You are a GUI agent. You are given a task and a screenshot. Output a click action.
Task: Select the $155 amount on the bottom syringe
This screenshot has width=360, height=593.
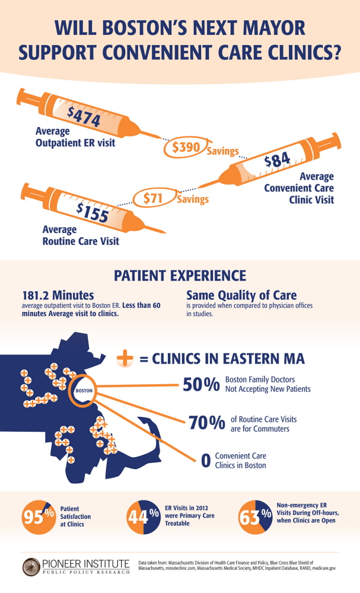[x=93, y=211]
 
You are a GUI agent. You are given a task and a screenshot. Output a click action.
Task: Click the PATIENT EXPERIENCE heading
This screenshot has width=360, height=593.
[x=180, y=276]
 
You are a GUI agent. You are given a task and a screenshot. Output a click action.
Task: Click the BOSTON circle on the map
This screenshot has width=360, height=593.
[x=82, y=391]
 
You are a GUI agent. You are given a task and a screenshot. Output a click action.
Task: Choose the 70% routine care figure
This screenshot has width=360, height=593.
[x=206, y=423]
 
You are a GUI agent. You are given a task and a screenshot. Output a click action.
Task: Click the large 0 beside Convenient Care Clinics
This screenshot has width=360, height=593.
[x=206, y=461]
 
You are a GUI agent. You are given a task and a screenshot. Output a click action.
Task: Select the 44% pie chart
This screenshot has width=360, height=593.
[x=144, y=517]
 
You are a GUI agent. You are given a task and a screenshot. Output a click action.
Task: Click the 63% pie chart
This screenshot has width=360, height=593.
[x=254, y=517]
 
